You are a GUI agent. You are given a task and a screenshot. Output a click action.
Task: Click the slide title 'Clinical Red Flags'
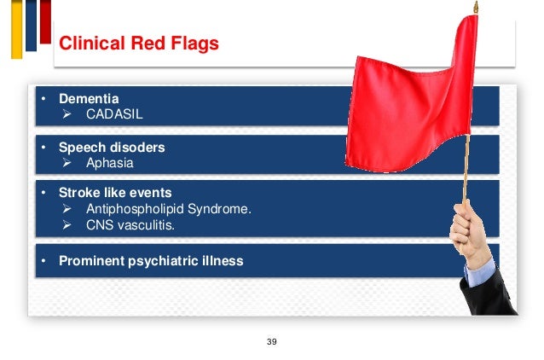point(138,44)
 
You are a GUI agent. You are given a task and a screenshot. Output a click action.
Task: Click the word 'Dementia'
point(89,99)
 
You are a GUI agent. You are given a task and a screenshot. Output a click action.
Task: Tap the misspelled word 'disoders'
point(136,147)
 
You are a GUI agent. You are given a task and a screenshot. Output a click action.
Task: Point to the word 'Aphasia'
point(110,162)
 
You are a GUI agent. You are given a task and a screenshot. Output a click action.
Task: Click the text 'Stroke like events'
point(115,193)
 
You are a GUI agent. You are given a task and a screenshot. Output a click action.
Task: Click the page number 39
point(272,341)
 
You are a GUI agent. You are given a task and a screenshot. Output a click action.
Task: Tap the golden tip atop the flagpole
point(476,8)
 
